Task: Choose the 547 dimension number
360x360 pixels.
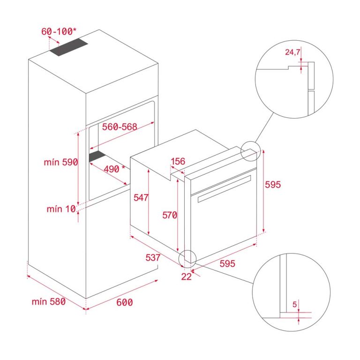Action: click(x=140, y=197)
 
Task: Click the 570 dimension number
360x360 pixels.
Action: click(x=169, y=215)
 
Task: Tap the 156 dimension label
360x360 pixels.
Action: click(x=178, y=162)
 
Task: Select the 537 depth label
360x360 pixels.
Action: click(x=153, y=257)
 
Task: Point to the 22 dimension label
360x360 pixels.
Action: click(x=186, y=277)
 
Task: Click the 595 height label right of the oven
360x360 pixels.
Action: click(x=273, y=185)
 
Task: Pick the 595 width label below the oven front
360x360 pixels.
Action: click(x=227, y=264)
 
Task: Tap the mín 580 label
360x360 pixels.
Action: click(x=49, y=301)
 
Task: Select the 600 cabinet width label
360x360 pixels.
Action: click(x=124, y=302)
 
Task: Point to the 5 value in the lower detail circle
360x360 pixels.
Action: click(x=294, y=305)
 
